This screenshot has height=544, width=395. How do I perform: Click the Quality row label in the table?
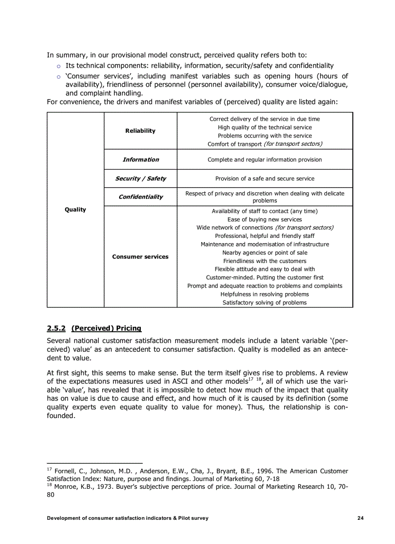75,209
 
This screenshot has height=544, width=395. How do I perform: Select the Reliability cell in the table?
140,131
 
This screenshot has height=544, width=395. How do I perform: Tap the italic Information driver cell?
140,159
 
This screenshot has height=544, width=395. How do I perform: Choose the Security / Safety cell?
140,178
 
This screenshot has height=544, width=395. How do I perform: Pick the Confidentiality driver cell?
140,197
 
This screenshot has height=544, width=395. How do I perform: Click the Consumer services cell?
140,256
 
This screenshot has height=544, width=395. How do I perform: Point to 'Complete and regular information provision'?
264,159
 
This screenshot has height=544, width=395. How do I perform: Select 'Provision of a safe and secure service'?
264,178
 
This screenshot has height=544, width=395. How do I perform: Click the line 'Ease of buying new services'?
264,219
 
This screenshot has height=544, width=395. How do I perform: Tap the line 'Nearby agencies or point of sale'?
264,252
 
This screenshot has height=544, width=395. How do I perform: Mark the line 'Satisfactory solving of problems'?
264,302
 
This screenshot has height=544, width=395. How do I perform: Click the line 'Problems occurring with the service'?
264,136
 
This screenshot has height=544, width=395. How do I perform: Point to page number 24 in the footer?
360,518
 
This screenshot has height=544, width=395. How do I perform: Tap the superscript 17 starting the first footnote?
49,469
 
